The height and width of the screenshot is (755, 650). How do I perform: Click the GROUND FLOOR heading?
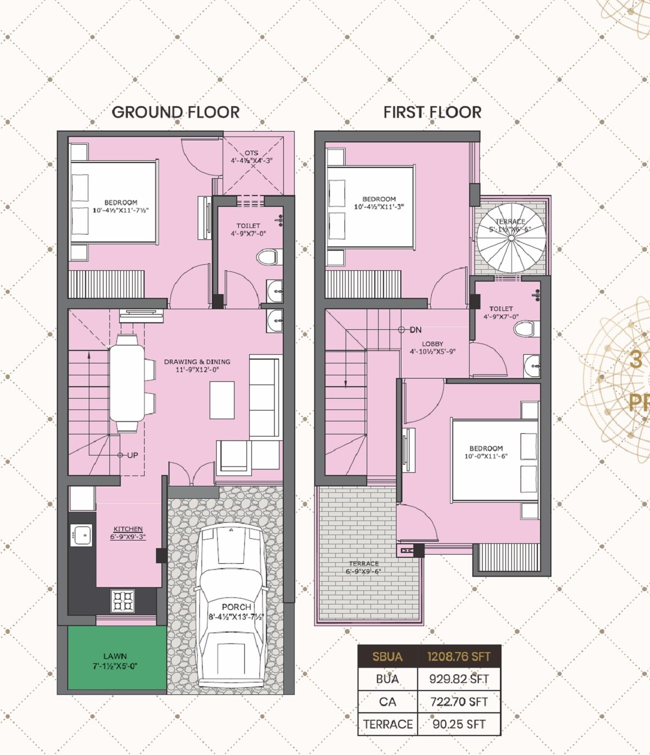[x=175, y=112]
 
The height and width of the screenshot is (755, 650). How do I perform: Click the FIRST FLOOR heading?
[x=432, y=112]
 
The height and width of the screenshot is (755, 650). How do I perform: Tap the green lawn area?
[x=117, y=659]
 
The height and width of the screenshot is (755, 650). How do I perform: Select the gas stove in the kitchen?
[x=122, y=601]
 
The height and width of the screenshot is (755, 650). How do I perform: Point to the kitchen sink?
[x=82, y=535]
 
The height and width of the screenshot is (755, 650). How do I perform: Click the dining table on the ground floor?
[x=128, y=383]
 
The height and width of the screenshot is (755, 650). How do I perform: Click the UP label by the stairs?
[x=132, y=455]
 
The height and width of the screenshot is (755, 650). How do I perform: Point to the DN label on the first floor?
[x=415, y=329]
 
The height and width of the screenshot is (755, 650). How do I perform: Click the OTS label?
[x=251, y=153]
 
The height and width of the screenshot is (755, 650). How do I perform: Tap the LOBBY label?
[x=432, y=344]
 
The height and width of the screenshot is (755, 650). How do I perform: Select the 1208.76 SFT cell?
[x=458, y=657]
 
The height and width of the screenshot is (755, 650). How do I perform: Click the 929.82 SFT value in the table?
[x=459, y=679]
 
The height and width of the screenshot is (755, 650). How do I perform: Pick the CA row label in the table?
[x=387, y=702]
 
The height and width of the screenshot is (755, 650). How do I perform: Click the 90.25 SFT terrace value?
[x=459, y=724]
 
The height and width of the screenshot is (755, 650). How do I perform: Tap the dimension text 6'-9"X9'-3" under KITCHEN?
[x=128, y=537]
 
